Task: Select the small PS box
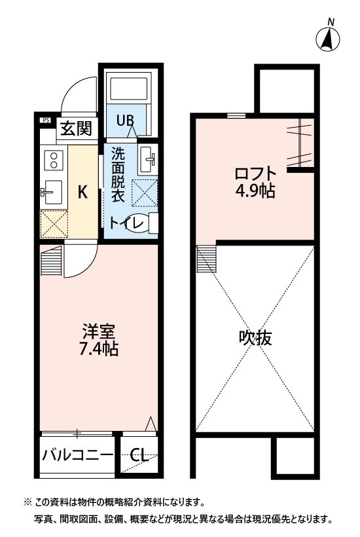[46, 120]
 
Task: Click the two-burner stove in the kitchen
[52, 160]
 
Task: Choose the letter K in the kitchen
[82, 192]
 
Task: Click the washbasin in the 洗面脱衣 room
[147, 160]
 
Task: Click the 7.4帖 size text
[99, 349]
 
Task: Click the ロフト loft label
[255, 174]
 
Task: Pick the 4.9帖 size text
[255, 191]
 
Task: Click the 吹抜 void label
[255, 338]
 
